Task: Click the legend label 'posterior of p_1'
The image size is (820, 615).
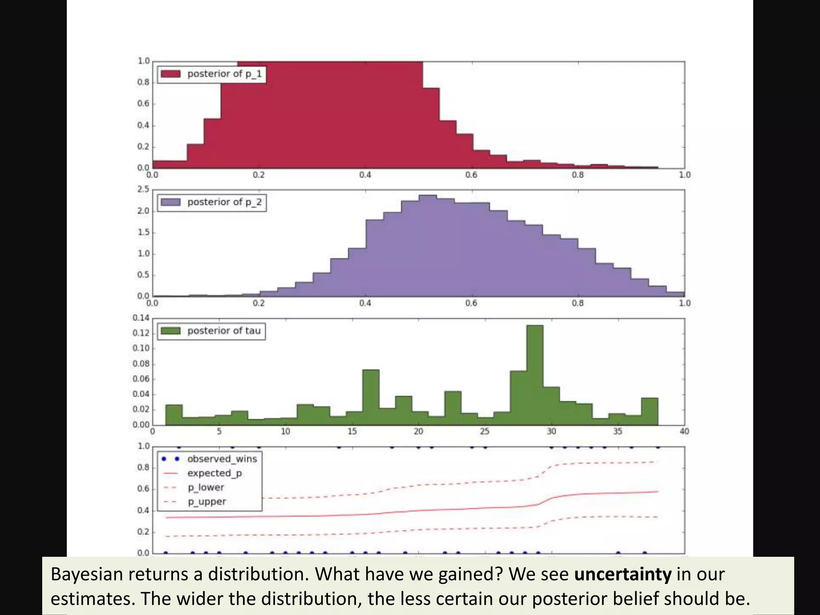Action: pos(224,74)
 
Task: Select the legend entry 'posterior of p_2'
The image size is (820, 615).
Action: pos(224,202)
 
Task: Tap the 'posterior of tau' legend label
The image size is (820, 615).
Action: pos(224,331)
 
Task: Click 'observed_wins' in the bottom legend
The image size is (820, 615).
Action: pos(222,459)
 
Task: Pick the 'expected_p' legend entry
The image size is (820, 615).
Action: pos(215,473)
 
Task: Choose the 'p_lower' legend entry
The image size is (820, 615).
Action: pos(206,488)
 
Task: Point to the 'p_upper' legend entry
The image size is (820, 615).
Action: pos(207,502)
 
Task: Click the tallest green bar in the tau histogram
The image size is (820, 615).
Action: pos(535,376)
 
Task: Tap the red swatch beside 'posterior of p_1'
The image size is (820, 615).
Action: pos(171,74)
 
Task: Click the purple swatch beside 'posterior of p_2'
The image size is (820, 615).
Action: pos(171,202)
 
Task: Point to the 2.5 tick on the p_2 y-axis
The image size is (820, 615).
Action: pos(143,189)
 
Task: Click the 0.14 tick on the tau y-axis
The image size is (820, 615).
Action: pos(141,318)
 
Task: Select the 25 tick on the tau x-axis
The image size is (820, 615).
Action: pos(485,432)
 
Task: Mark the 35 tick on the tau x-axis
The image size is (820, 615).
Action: pos(618,432)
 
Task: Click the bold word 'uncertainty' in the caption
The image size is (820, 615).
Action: pos(623,574)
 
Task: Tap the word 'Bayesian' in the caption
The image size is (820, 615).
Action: pos(86,574)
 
